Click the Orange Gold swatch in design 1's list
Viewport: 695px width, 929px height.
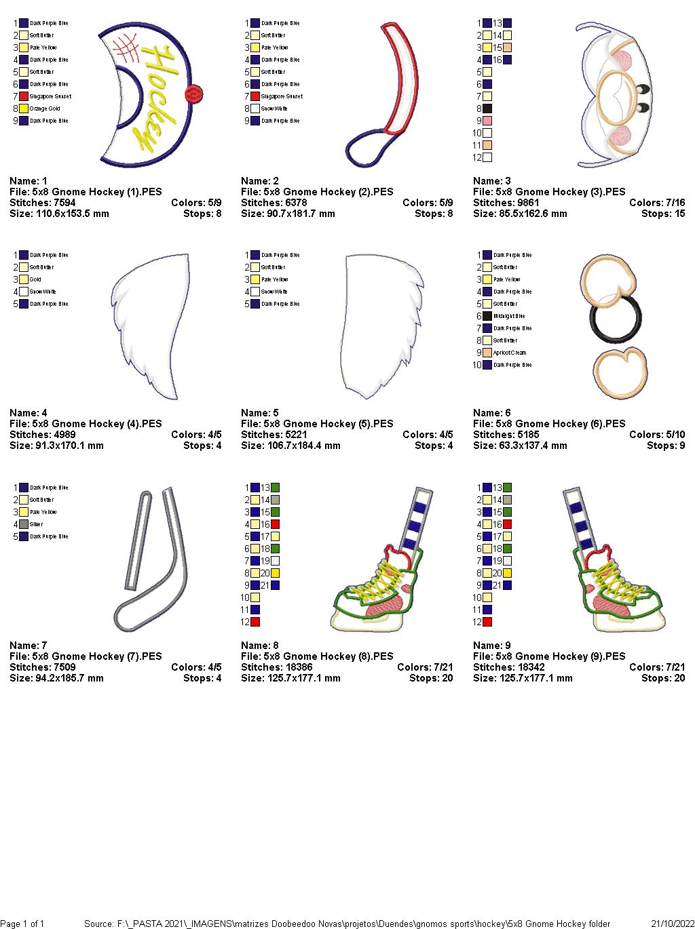24,108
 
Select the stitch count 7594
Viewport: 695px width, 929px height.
61,203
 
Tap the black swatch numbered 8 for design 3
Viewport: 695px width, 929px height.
487,108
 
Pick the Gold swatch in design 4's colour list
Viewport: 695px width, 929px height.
24,279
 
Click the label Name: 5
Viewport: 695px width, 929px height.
260,413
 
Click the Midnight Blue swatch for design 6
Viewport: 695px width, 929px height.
487,316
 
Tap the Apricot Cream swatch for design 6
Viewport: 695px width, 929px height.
487,353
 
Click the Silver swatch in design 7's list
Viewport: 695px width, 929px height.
24,524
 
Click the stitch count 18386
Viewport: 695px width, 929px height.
293,667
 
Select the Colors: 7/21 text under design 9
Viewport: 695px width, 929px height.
656,667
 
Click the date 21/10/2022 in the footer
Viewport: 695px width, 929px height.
671,924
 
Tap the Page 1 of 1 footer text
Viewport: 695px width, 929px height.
22,924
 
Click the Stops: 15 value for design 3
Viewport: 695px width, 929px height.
663,214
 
